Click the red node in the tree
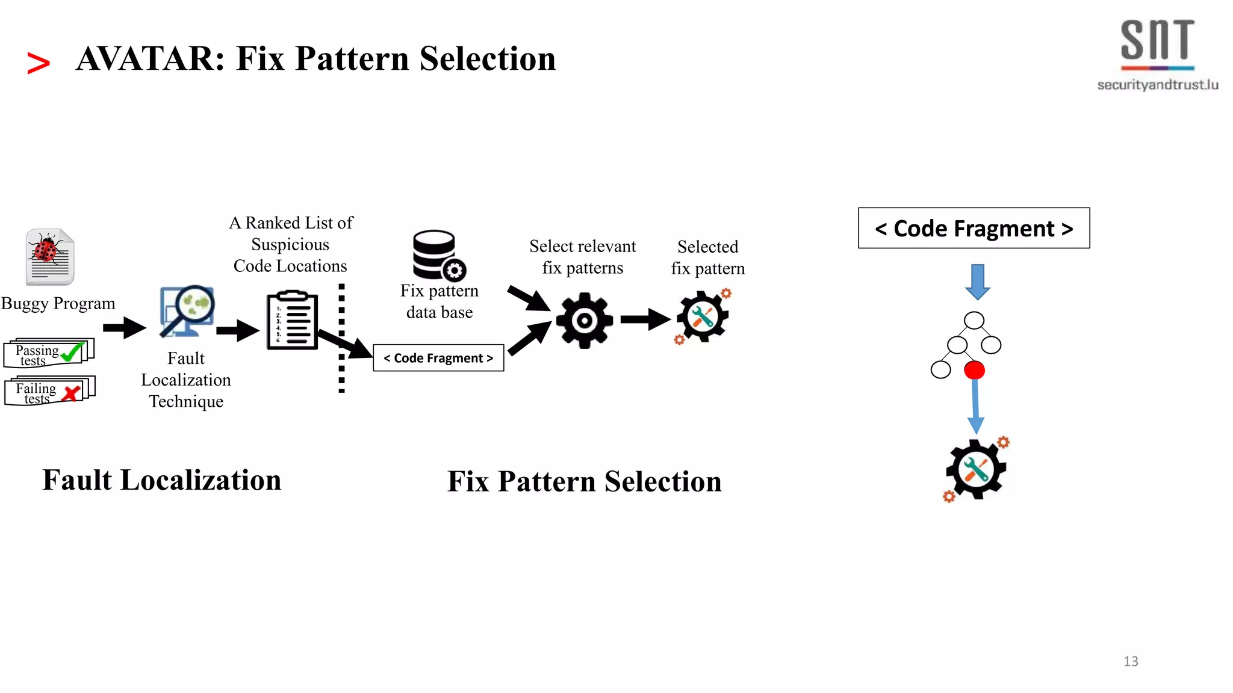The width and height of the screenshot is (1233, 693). click(x=974, y=370)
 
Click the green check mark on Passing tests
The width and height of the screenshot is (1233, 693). click(x=72, y=351)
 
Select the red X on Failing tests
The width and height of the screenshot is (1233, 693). click(x=72, y=393)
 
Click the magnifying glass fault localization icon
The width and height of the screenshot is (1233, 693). click(x=187, y=311)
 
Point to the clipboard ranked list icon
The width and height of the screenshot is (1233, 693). click(x=293, y=321)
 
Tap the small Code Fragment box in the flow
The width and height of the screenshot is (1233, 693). click(x=438, y=358)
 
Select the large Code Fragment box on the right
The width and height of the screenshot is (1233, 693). click(x=974, y=229)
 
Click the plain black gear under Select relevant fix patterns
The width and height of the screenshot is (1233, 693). click(x=584, y=320)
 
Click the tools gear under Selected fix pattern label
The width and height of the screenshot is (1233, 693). click(x=703, y=317)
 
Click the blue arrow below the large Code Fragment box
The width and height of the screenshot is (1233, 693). click(x=977, y=282)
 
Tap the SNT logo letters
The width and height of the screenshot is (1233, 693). click(x=1157, y=41)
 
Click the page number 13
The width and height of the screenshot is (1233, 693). click(x=1131, y=661)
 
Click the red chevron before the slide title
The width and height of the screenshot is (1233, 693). click(x=39, y=63)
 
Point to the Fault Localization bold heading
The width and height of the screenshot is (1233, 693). click(x=162, y=480)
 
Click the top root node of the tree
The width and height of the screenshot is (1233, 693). click(x=974, y=321)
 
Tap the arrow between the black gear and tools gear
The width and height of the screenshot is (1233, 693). click(x=645, y=319)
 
